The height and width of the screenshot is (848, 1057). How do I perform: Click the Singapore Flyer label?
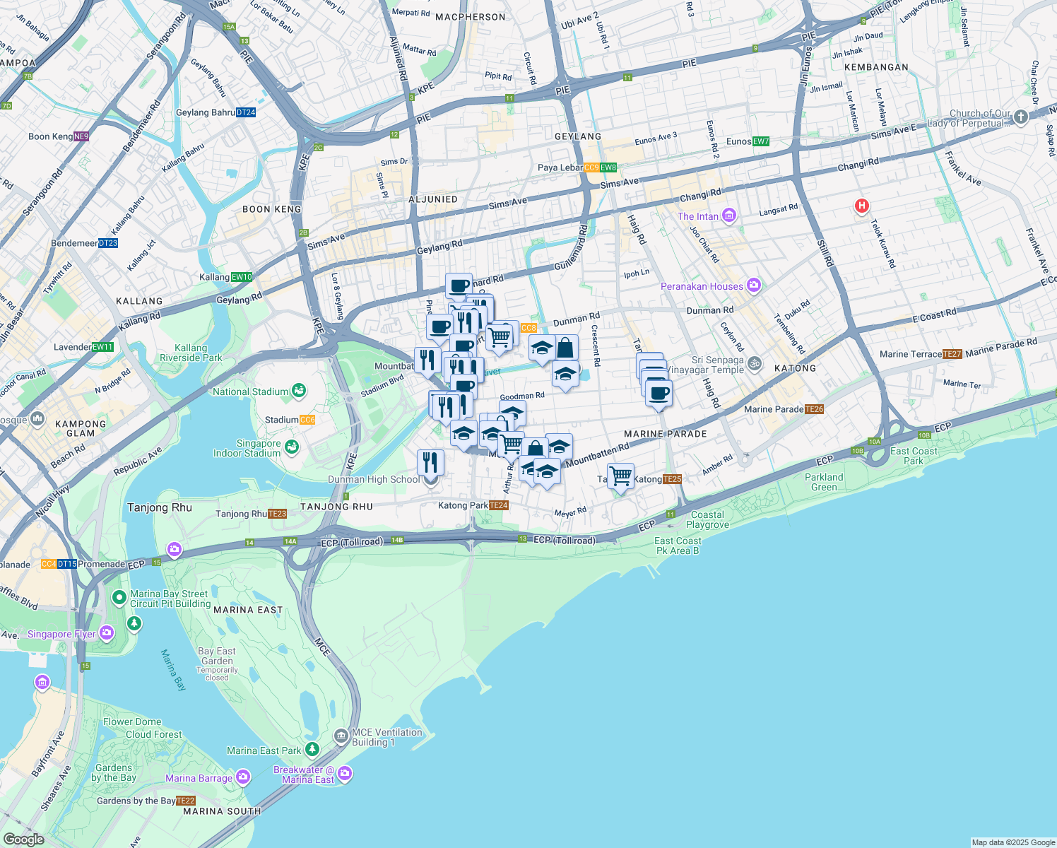point(61,634)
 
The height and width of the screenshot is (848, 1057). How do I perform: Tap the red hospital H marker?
point(861,206)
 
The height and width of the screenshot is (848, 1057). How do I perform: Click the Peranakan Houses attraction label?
point(702,286)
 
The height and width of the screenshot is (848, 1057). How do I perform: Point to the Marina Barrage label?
point(199,778)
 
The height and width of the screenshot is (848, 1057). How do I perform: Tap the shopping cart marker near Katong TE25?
point(620,476)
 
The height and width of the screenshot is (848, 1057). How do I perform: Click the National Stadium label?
point(250,391)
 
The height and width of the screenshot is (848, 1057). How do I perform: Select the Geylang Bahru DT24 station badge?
point(246,112)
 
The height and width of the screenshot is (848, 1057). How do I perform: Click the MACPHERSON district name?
point(470,17)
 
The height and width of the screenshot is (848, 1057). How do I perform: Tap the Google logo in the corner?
point(23,839)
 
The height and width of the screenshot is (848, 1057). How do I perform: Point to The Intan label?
point(698,216)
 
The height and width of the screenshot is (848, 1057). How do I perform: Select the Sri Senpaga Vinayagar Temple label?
point(717,365)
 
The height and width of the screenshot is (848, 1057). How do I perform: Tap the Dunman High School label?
point(374,479)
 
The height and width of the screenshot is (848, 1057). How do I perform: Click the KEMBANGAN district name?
point(876,67)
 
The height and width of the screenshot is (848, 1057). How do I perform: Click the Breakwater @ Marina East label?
point(304,775)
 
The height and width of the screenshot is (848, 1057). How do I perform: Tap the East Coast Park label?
point(914,456)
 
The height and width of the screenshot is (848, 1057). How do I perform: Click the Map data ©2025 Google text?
point(1012,842)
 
